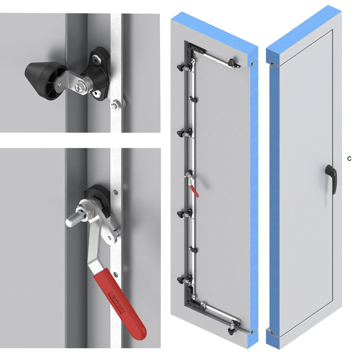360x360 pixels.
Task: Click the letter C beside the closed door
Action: pos(349,159)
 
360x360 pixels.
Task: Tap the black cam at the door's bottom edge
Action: pos(231,330)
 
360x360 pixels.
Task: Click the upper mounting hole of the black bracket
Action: pos(96,60)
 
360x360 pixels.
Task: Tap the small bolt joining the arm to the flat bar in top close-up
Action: pos(114,105)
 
